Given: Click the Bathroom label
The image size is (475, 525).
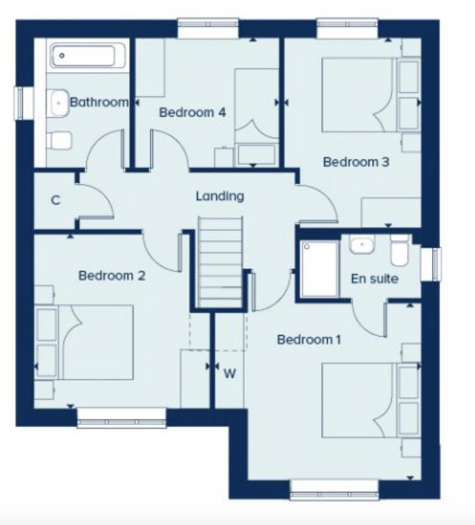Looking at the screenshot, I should [99, 102].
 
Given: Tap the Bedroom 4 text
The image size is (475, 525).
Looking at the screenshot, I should [192, 112].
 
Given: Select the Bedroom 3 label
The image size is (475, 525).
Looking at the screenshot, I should [356, 162].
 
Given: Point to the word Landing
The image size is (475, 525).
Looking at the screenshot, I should [219, 196].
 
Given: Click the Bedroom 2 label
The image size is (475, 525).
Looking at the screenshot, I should [111, 275].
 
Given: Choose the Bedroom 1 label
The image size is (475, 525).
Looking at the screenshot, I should [309, 340].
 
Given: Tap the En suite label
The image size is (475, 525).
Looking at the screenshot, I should [374, 279].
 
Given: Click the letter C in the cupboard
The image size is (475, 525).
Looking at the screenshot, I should [55, 200].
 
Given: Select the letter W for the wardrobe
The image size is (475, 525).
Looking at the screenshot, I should [229, 373].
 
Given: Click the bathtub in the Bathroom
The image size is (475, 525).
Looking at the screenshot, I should [88, 55].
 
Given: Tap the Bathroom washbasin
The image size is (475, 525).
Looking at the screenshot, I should [59, 103].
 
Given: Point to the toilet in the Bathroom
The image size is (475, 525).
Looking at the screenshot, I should [58, 140].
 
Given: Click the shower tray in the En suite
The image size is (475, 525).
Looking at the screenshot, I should [319, 269].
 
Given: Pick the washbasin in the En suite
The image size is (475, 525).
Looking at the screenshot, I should [362, 244].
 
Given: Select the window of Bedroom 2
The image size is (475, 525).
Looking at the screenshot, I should [121, 418].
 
